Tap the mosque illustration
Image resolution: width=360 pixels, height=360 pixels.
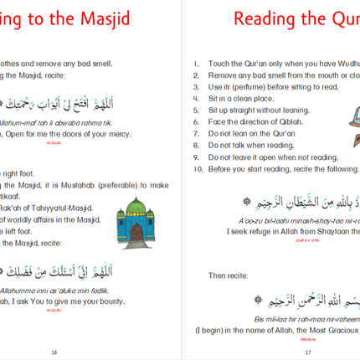tap(133, 220)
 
